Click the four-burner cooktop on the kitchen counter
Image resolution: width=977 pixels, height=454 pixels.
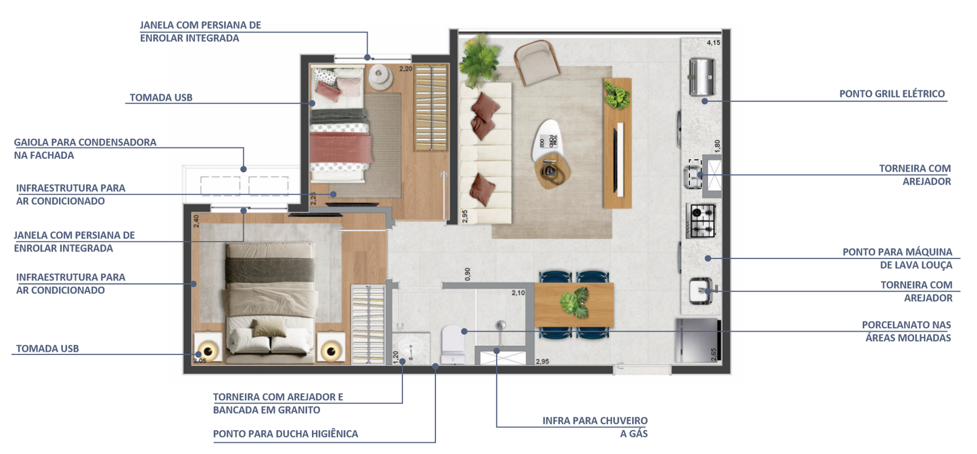pos(701,221)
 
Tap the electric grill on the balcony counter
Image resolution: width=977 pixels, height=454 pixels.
pos(702,77)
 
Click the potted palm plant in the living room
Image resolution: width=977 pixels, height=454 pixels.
pos(479,59)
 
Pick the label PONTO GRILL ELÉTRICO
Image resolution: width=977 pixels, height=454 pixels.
pos(892,94)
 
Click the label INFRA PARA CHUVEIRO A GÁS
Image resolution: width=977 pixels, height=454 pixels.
pos(595,427)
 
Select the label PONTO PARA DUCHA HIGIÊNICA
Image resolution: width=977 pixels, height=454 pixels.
pos(285,434)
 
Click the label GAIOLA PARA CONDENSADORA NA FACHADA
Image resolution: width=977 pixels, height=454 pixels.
pos(85,149)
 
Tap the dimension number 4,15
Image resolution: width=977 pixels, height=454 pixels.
pos(714,43)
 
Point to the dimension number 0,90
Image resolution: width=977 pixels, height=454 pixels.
pos(468,274)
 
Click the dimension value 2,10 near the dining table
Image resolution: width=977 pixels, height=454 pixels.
pos(518,293)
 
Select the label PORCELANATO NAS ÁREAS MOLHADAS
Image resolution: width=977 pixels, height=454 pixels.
pos(906,331)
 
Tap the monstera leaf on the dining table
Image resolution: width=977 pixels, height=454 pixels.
pos(575,302)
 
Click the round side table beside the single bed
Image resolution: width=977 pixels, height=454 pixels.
pos(381,77)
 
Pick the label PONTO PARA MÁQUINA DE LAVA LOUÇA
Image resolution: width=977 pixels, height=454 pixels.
pos(897,258)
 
